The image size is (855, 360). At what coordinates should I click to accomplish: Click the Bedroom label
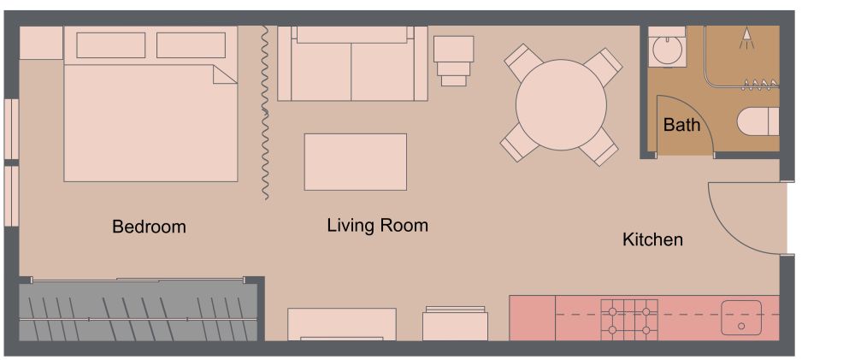click(149, 227)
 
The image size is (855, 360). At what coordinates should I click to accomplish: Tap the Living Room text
click(377, 226)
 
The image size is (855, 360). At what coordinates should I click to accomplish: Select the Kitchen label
click(652, 240)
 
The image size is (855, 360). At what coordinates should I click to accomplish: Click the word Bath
click(681, 125)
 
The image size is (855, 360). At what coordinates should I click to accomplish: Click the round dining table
click(562, 104)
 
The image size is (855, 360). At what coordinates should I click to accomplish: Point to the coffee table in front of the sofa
click(355, 162)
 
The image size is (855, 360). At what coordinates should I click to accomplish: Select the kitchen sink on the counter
click(740, 317)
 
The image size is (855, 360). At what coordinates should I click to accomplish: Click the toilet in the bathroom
click(759, 121)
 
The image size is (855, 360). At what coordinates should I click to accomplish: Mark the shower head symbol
click(747, 34)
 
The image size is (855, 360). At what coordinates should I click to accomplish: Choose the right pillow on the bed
click(191, 45)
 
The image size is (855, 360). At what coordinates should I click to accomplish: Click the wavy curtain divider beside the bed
click(265, 111)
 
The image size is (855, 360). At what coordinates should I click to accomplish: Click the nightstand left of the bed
click(40, 43)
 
